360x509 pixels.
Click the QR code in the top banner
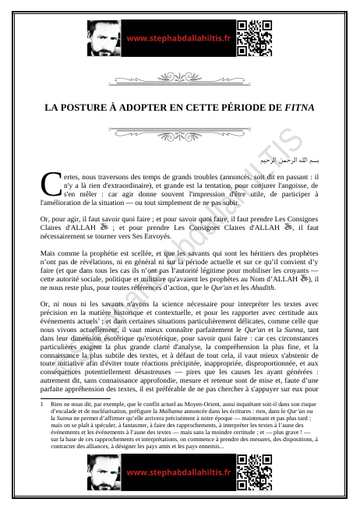254,37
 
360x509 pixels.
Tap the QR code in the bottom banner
254,472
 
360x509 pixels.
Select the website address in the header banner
179,37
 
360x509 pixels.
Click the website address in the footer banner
179,472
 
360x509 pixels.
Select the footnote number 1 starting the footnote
42,405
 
